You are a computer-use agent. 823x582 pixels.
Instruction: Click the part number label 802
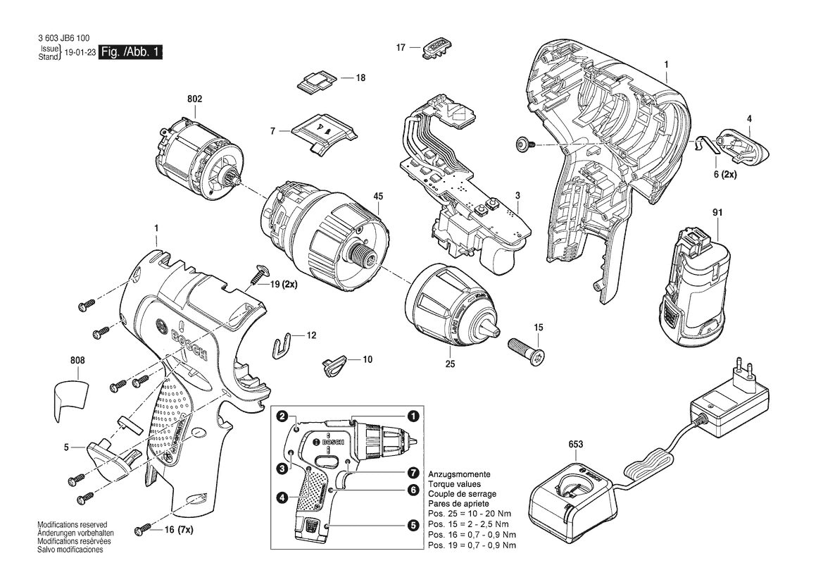point(194,99)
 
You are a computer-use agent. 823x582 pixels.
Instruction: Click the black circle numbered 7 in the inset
point(413,472)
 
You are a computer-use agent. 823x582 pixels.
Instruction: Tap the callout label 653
point(575,445)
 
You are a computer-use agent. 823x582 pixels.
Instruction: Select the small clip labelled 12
point(284,344)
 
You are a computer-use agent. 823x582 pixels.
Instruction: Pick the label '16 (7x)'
point(178,530)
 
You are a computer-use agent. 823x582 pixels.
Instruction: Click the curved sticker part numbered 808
point(72,401)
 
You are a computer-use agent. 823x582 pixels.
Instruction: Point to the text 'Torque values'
point(454,484)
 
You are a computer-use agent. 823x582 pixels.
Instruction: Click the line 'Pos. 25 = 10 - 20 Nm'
point(470,514)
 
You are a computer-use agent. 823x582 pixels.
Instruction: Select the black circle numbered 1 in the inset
point(413,416)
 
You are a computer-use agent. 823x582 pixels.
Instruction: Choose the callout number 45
point(378,197)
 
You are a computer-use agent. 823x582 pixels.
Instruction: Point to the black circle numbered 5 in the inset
point(413,525)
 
